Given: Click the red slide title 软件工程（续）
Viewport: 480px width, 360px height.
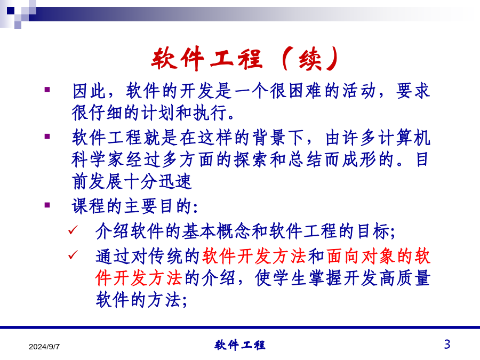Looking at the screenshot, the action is tap(245, 59).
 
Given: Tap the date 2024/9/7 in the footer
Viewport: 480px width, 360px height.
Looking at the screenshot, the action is tap(44, 347).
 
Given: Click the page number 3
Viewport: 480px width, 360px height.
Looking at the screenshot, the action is tap(447, 345).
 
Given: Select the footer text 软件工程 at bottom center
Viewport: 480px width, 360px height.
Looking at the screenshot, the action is tap(239, 345).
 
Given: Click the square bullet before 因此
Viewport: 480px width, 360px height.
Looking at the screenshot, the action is tap(47, 90).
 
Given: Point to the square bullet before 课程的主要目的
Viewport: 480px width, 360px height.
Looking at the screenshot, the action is tap(47, 205).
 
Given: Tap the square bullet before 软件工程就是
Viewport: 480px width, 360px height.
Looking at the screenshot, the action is tap(47, 136).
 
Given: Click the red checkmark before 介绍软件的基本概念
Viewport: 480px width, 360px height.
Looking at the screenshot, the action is tap(73, 230).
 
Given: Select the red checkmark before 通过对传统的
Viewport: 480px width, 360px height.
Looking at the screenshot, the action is tap(73, 255).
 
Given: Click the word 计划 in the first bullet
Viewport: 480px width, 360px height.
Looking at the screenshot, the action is tap(158, 113).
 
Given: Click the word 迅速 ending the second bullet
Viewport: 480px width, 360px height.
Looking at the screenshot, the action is tap(175, 181).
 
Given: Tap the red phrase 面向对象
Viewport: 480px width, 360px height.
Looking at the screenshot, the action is tap(361, 256).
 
